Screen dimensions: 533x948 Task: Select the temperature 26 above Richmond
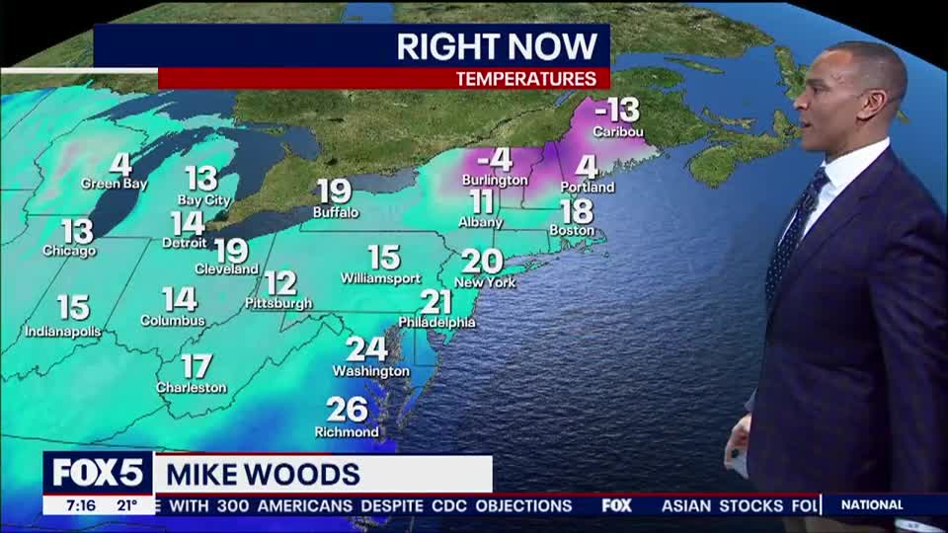point(347,410)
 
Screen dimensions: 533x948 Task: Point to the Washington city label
point(370,371)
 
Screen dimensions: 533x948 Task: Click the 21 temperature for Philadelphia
point(435,302)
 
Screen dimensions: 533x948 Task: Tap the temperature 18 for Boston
point(577,211)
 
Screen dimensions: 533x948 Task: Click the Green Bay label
point(107,184)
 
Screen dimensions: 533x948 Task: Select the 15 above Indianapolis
point(73,308)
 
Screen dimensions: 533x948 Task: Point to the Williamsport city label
point(381,278)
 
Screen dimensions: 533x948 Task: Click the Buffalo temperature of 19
point(335,191)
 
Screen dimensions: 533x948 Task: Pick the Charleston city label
point(192,388)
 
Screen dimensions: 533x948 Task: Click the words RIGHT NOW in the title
point(497,45)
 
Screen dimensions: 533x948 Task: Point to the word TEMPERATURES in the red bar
point(525,79)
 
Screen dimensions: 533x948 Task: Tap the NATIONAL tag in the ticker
point(871,505)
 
